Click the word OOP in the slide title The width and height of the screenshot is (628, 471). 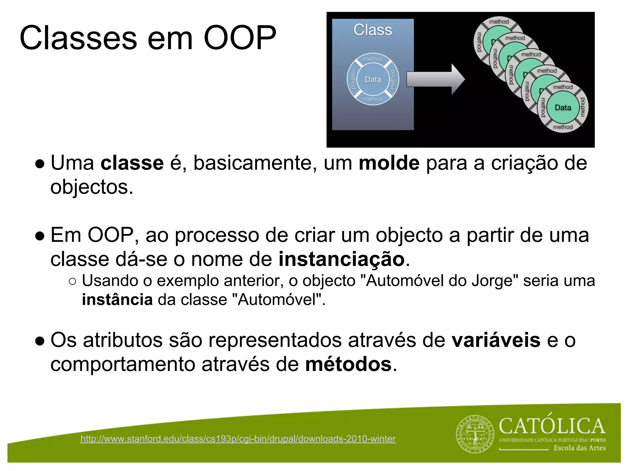(240, 38)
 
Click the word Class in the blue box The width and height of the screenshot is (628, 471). (373, 30)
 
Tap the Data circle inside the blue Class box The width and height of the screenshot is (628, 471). (373, 79)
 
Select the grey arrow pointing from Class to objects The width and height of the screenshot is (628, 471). (435, 79)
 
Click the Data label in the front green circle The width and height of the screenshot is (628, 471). (563, 108)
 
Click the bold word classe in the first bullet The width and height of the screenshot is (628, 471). (132, 163)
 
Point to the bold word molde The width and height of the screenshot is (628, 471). (389, 163)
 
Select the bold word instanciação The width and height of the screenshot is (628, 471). (342, 259)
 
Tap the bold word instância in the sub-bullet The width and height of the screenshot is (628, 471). (117, 300)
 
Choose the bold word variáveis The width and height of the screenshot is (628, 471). (496, 340)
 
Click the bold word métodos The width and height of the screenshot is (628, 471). (348, 365)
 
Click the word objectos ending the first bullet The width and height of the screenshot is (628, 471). (92, 187)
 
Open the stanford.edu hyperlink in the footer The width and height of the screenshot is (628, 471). (238, 439)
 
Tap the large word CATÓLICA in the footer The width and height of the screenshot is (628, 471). (552, 426)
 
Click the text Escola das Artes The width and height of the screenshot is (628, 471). (580, 448)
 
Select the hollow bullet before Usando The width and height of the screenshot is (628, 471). (72, 281)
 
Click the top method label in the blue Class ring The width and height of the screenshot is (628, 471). (373, 59)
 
